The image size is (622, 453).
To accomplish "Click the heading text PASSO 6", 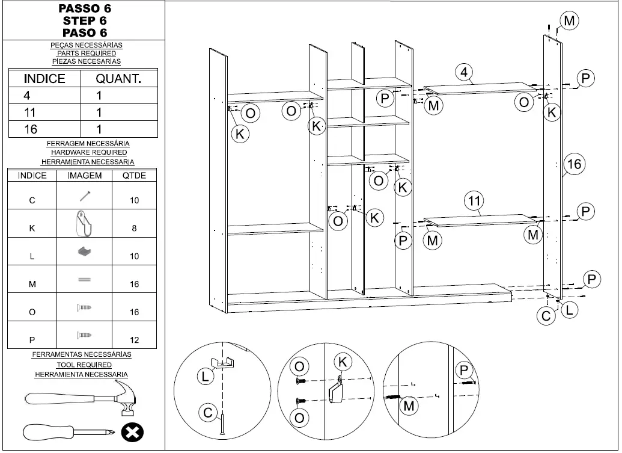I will (x=84, y=9).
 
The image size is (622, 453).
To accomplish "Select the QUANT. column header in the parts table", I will (x=118, y=79).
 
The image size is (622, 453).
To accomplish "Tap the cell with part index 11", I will (x=31, y=112).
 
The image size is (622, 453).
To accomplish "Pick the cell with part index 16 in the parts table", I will (x=31, y=129).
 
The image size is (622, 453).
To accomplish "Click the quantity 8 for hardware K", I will (x=134, y=228).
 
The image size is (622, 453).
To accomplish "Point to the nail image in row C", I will (x=84, y=196).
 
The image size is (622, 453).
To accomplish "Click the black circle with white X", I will (x=132, y=433).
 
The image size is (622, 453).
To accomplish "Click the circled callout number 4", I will (x=465, y=72).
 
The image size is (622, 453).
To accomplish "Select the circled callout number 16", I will (x=575, y=164).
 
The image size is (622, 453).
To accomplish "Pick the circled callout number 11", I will (x=475, y=200).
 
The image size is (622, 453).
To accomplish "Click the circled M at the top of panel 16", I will (x=569, y=21).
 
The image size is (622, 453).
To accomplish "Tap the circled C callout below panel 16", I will (x=546, y=316).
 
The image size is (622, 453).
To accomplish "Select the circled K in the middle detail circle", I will (x=343, y=362).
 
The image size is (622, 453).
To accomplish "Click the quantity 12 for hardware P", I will (x=134, y=340).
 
